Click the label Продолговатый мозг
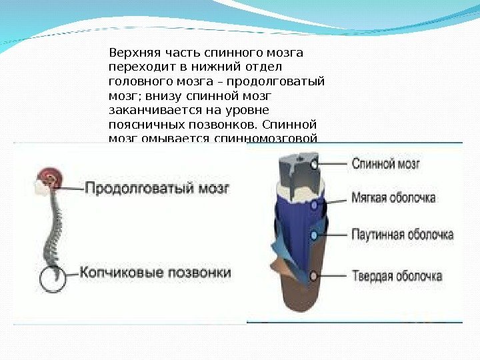(x=157, y=188)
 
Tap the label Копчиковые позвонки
(x=155, y=273)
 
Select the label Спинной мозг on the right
(x=385, y=163)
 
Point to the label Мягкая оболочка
(x=393, y=198)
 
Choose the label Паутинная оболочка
(x=402, y=235)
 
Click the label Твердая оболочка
(x=397, y=275)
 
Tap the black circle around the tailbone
(x=53, y=278)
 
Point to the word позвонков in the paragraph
(x=227, y=125)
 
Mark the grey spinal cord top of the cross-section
(x=297, y=170)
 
